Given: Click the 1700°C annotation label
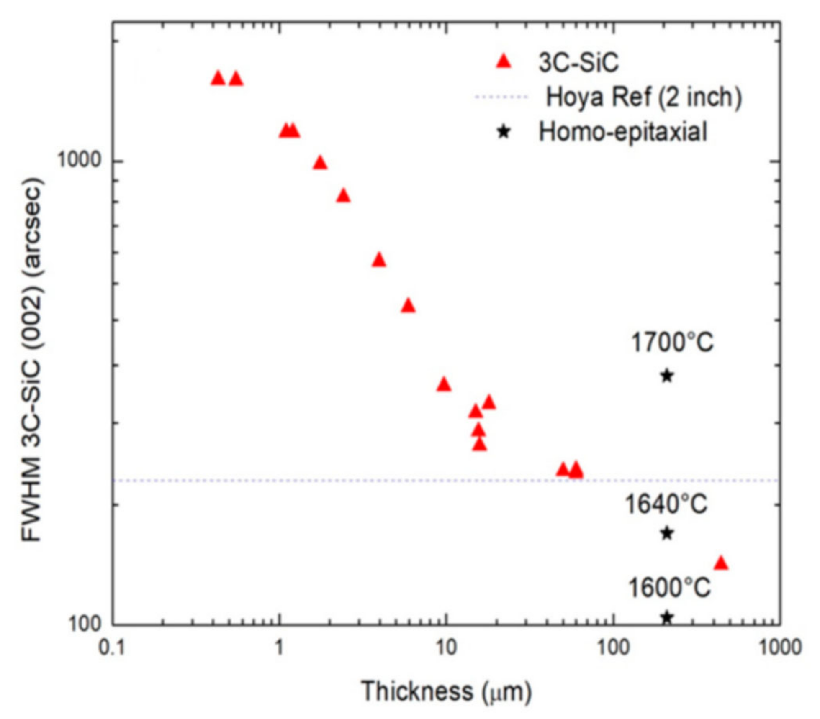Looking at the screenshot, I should click(672, 343).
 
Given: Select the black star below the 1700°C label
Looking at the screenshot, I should click(667, 376).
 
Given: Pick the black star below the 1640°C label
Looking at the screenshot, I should click(667, 533).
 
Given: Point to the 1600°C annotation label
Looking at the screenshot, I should click(669, 588).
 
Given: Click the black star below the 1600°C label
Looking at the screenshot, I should click(667, 617).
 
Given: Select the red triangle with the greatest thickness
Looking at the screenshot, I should click(721, 563).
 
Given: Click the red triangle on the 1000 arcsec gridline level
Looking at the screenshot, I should click(320, 163).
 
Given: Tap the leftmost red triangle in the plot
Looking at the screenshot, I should click(218, 78).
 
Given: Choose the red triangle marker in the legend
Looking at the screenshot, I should click(504, 62).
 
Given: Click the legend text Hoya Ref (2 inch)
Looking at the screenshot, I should click(644, 97).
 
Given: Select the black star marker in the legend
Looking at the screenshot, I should click(504, 132).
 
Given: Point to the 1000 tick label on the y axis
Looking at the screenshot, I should click(80, 160).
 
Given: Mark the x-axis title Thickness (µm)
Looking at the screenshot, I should click(446, 691).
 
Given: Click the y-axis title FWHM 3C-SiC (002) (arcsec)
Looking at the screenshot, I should click(32, 360).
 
